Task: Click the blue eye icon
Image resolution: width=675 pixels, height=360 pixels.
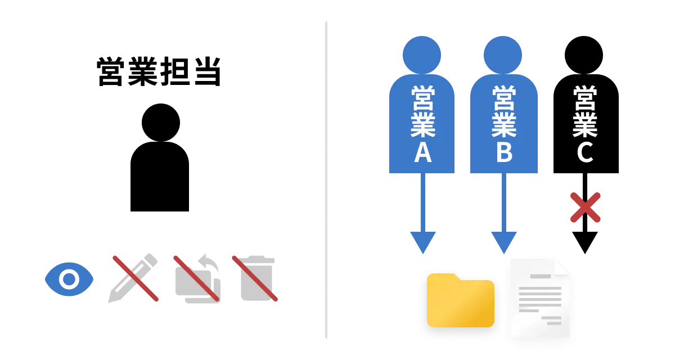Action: tap(69, 279)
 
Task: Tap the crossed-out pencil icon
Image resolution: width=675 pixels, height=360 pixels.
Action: tap(133, 278)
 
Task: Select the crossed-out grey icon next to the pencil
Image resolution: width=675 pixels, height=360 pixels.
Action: tap(196, 278)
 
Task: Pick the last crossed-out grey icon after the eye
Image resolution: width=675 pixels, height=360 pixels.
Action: tap(256, 278)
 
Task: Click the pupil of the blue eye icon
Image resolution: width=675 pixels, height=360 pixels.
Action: tap(69, 279)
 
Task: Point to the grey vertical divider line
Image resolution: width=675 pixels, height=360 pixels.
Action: tap(326, 180)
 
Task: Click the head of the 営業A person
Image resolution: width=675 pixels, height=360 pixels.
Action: tap(421, 55)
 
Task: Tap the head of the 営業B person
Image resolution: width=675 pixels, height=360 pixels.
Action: tap(502, 55)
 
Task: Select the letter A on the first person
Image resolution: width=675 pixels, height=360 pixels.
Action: tap(422, 152)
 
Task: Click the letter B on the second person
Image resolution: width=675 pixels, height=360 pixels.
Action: tap(504, 152)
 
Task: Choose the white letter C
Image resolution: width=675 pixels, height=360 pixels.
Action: tap(585, 152)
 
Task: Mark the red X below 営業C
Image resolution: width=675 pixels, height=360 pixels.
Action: tap(586, 208)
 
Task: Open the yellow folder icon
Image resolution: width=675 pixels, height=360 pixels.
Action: tap(460, 300)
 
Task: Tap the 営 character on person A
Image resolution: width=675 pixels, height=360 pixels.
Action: tap(422, 97)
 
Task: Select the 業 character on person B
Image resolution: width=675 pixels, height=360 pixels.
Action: tap(504, 125)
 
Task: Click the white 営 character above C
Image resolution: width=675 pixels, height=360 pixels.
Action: tap(585, 97)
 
